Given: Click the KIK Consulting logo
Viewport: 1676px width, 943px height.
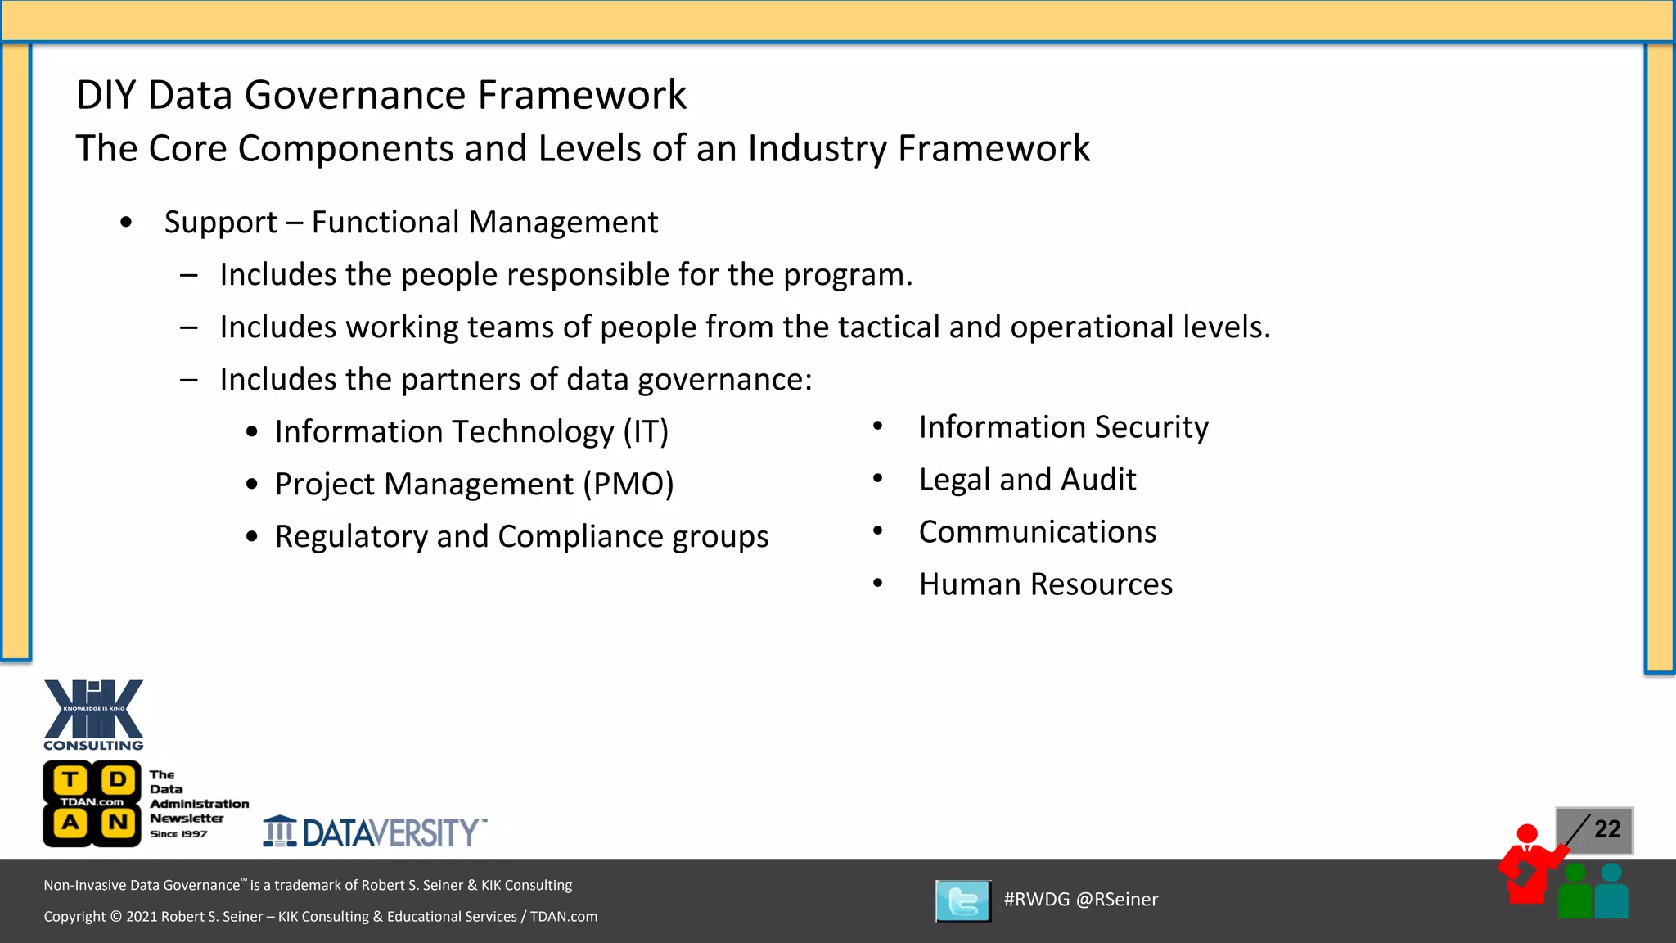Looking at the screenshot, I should [x=93, y=714].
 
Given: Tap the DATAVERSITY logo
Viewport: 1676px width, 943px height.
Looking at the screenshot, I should [x=375, y=832].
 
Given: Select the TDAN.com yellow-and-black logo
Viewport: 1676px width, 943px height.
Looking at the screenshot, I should [x=92, y=803].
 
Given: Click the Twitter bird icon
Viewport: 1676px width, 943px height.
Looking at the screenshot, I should [x=963, y=900].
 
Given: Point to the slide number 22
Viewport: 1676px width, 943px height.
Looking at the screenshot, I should [x=1607, y=829].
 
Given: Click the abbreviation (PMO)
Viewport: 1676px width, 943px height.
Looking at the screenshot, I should [x=628, y=484].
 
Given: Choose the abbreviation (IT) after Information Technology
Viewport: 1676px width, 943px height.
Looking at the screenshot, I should [x=646, y=431].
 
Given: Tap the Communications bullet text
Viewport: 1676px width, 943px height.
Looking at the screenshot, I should [x=1037, y=532].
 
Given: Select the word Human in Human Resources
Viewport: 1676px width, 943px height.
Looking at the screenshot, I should [x=970, y=584].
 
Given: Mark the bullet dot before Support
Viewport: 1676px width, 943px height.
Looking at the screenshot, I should [x=126, y=222].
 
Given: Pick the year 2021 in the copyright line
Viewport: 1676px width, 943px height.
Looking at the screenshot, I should [x=142, y=917].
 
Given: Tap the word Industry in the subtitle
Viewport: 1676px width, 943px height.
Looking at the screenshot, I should [x=817, y=149].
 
